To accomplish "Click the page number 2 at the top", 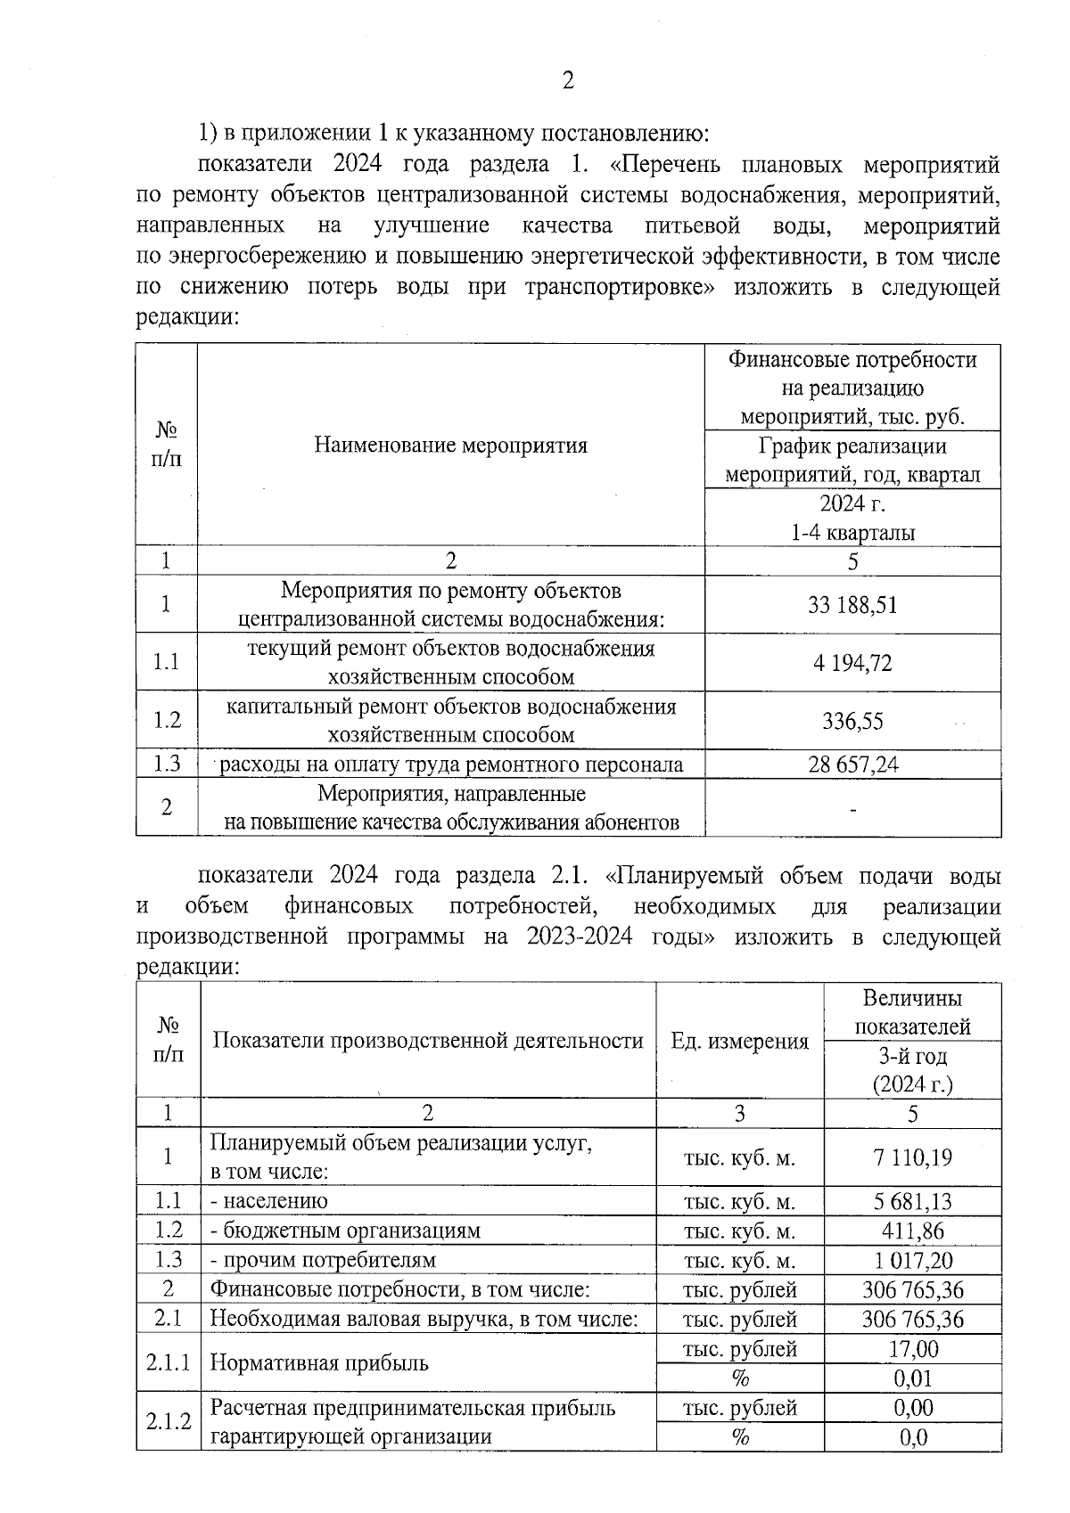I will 568,81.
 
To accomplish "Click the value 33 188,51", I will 852,605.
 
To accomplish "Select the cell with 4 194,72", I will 852,663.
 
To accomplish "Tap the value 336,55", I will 852,721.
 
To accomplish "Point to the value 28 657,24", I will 852,765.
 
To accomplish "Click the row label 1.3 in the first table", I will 167,765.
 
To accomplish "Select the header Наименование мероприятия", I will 450,446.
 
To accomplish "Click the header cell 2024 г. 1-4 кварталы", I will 852,519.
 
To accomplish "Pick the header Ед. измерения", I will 739,1041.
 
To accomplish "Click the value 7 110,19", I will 912,1157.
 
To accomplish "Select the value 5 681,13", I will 912,1201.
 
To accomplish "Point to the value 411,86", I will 912,1231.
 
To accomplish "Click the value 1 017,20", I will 912,1260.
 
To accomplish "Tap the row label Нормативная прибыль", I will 319,1363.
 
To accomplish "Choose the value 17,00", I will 912,1349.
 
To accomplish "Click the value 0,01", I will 912,1378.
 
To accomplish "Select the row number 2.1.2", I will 169,1422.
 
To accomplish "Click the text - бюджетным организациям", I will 345,1231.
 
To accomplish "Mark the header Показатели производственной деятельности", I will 428,1041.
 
